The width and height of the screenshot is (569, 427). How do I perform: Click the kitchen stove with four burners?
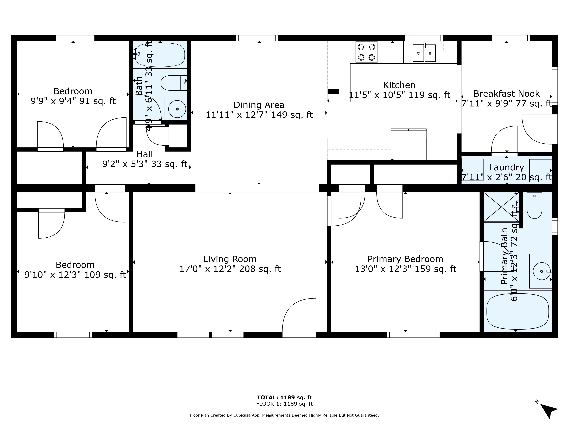tap(366, 52)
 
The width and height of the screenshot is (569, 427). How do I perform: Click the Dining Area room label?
tap(259, 105)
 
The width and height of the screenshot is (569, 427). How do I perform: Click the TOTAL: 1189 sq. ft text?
tap(284, 397)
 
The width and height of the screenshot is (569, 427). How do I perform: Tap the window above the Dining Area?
tap(257, 38)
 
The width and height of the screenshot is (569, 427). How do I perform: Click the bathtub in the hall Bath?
tap(160, 54)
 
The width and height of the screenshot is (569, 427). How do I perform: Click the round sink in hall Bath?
tap(177, 109)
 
